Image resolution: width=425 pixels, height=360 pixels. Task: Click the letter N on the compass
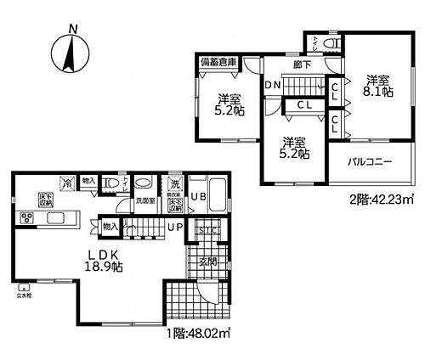[73, 29]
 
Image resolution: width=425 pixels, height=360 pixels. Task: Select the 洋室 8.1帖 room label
[376, 87]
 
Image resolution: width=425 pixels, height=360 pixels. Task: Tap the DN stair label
[273, 86]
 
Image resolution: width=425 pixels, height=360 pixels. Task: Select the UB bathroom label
[196, 197]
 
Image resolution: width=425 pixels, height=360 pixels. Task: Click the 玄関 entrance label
[208, 262]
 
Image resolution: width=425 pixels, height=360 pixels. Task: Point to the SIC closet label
[207, 230]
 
